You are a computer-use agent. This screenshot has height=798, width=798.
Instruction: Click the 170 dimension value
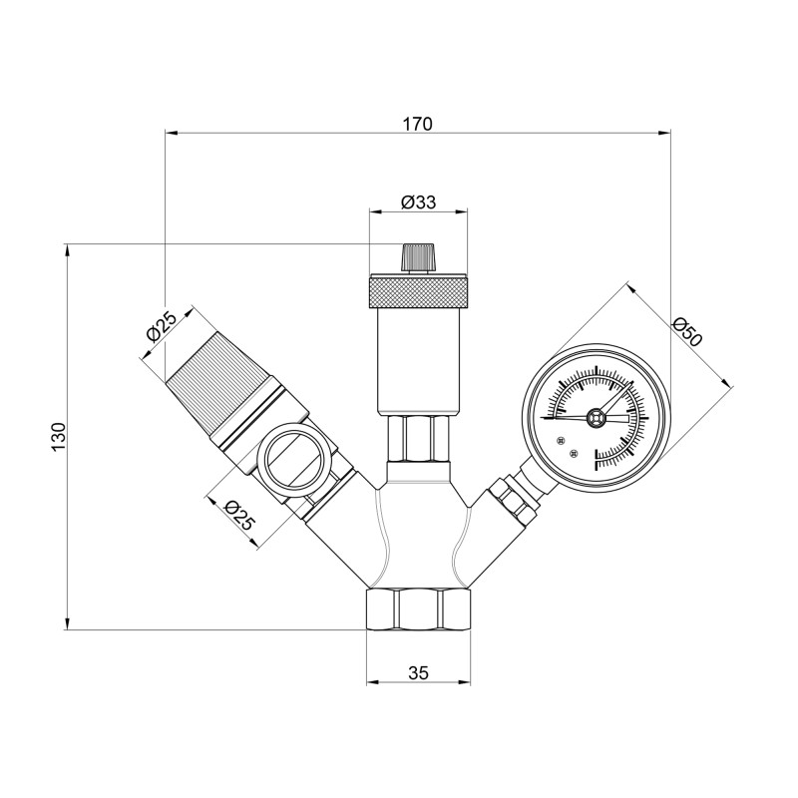417,124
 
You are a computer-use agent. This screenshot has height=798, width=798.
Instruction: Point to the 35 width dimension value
418,673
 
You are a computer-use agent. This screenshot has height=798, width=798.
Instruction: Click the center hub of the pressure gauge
596,418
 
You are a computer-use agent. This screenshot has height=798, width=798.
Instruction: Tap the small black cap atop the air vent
418,258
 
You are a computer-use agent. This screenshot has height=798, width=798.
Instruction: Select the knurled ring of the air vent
418,293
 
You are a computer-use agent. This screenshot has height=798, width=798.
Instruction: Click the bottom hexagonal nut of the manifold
418,609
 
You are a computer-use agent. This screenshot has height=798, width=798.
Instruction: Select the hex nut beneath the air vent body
418,437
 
